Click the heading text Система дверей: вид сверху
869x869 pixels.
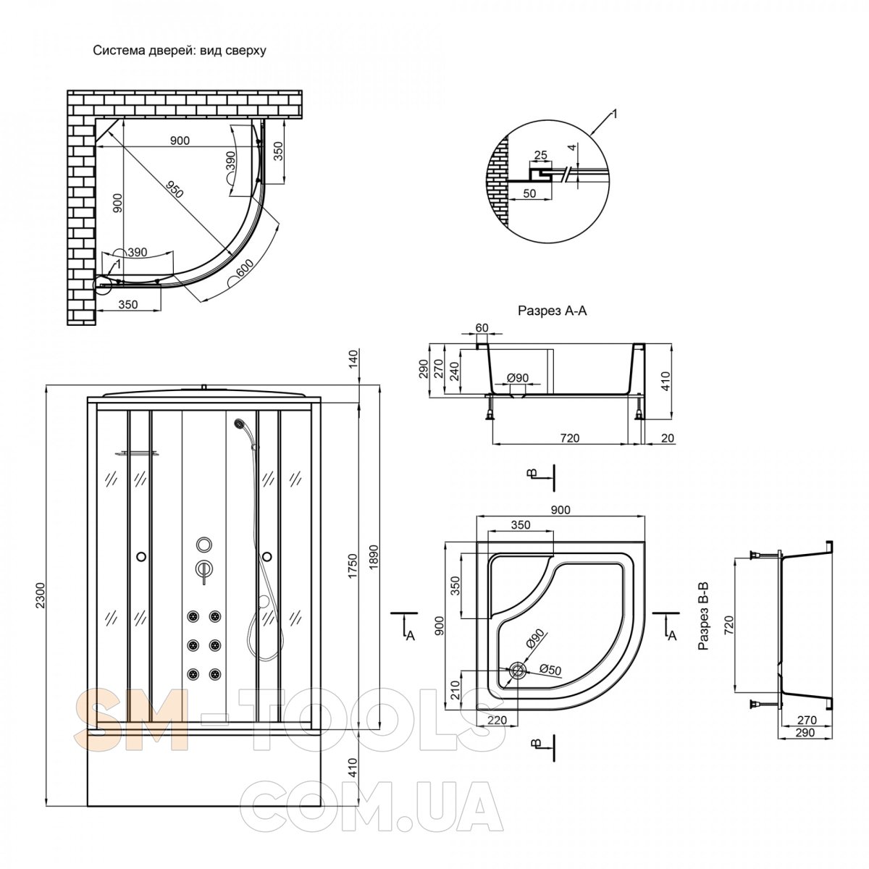(x=180, y=51)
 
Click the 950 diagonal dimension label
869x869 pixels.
(x=174, y=190)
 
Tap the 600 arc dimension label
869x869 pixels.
(x=244, y=269)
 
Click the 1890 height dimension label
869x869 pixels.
(x=374, y=558)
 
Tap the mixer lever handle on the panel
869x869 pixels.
(x=203, y=570)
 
